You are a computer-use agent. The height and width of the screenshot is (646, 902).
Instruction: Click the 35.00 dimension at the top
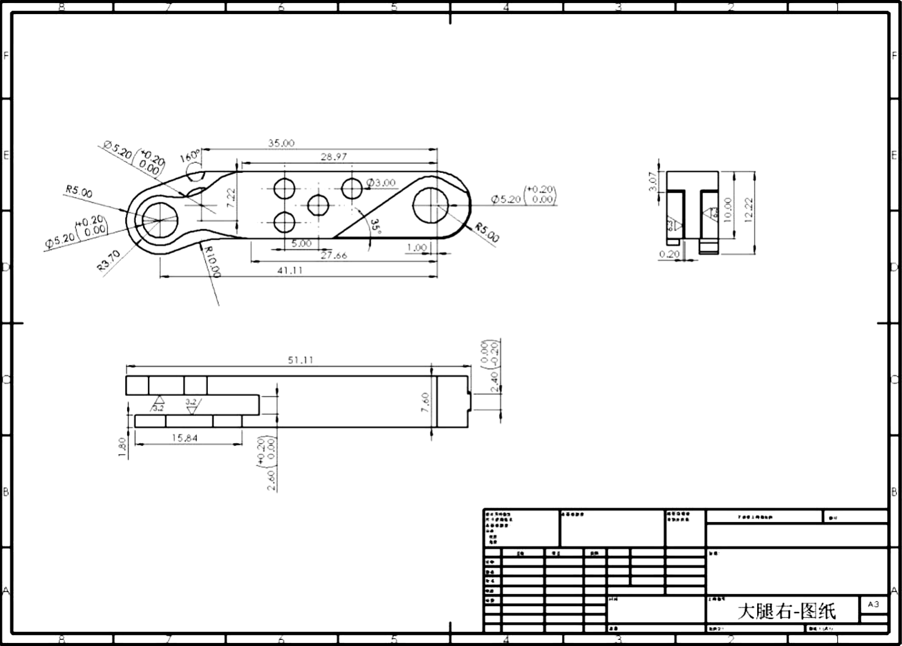click(x=281, y=143)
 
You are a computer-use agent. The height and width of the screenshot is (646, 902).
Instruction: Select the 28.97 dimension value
click(x=333, y=157)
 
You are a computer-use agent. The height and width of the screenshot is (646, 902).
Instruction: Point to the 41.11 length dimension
click(x=290, y=270)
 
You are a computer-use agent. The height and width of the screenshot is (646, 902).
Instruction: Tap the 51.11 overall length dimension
click(x=300, y=360)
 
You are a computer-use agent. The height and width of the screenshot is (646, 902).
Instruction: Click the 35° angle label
click(x=375, y=227)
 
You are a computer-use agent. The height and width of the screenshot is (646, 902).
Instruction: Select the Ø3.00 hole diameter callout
click(x=381, y=183)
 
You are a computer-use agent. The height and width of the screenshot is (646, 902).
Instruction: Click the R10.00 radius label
click(x=212, y=262)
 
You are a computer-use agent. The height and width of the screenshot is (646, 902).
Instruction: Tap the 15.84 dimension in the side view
click(x=184, y=438)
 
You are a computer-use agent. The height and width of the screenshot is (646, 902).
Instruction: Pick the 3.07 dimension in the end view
click(x=652, y=182)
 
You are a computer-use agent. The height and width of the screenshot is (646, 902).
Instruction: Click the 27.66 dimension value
click(x=333, y=255)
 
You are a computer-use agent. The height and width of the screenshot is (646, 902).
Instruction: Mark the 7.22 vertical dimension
click(x=231, y=197)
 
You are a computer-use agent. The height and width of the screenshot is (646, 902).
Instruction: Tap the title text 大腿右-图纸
click(x=786, y=611)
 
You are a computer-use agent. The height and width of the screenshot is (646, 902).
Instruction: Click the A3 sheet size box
click(x=873, y=604)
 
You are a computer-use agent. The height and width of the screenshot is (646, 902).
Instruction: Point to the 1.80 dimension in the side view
click(x=122, y=447)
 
